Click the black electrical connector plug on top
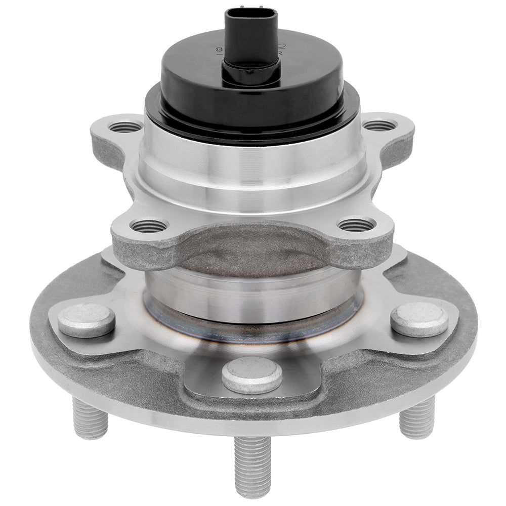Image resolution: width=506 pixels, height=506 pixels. click(251, 40)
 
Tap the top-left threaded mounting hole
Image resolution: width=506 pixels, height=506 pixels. click(125, 126)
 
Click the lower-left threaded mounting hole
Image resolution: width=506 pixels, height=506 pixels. click(148, 226)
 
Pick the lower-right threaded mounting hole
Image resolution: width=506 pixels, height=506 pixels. click(356, 224)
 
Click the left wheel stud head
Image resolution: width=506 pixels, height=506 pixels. click(87, 320)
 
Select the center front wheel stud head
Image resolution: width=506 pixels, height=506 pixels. click(252, 375)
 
